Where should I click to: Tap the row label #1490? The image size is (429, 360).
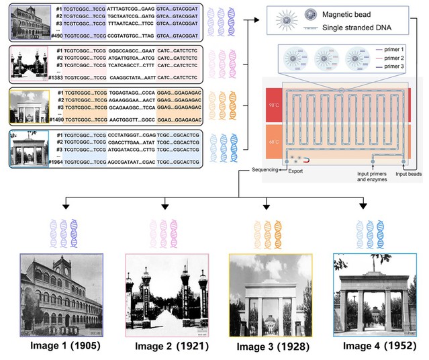[x=56, y=119]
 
